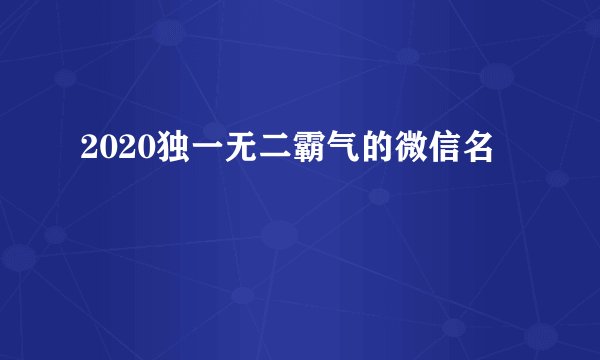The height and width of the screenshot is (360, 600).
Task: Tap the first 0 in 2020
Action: [x=102, y=151]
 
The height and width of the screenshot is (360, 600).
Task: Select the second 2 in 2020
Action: [x=118, y=151]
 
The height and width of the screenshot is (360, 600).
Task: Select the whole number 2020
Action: [x=110, y=151]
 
